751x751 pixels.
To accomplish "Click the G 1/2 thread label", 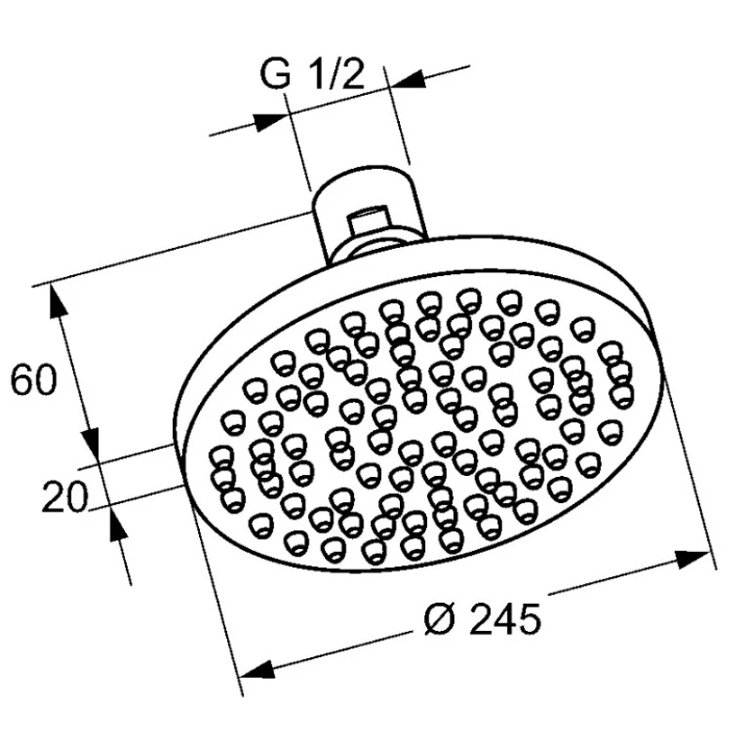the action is point(313,73).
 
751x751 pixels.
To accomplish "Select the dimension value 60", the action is point(34,380).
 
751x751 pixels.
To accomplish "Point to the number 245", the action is point(506,619).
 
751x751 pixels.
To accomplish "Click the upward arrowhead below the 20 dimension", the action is point(117,525).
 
